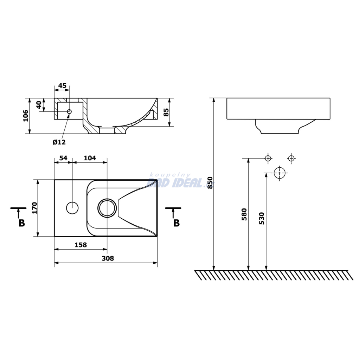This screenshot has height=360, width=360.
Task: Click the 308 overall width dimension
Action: pyautogui.click(x=108, y=258)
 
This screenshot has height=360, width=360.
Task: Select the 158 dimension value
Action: pyautogui.click(x=81, y=245)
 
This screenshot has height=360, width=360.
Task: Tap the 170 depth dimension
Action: pyautogui.click(x=34, y=208)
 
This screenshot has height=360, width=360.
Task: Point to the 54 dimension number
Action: pyautogui.click(x=63, y=158)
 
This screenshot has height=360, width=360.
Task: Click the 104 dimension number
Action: pyautogui.click(x=90, y=158)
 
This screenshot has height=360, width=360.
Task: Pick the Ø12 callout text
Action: pyautogui.click(x=59, y=142)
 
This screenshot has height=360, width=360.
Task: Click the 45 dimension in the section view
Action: pyautogui.click(x=62, y=86)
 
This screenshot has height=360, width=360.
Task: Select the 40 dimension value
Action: pyautogui.click(x=39, y=105)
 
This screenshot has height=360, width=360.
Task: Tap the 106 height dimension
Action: pyautogui.click(x=26, y=116)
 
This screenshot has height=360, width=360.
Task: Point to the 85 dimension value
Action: pyautogui.click(x=166, y=112)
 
